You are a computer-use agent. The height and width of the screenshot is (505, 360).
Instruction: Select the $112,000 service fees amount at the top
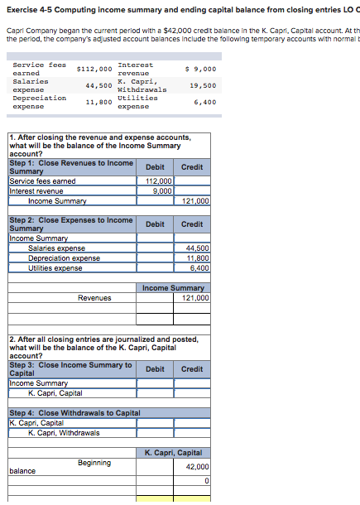[94, 70]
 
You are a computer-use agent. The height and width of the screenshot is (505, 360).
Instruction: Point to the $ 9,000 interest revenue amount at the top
[201, 70]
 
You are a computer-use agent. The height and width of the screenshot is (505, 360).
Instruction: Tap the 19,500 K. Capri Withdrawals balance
[203, 85]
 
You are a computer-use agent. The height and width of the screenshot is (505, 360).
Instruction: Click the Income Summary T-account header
[173, 288]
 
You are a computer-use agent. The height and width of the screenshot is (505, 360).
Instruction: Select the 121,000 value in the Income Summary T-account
[195, 298]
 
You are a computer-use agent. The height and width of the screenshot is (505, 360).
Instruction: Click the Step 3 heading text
[70, 369]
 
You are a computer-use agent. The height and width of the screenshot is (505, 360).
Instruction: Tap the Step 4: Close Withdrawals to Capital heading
[74, 413]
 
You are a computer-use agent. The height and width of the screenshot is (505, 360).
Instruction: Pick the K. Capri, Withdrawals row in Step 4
[64, 433]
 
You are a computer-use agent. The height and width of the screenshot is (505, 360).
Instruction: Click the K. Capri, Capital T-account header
[173, 453]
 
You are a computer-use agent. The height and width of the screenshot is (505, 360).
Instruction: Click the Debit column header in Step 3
[155, 369]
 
